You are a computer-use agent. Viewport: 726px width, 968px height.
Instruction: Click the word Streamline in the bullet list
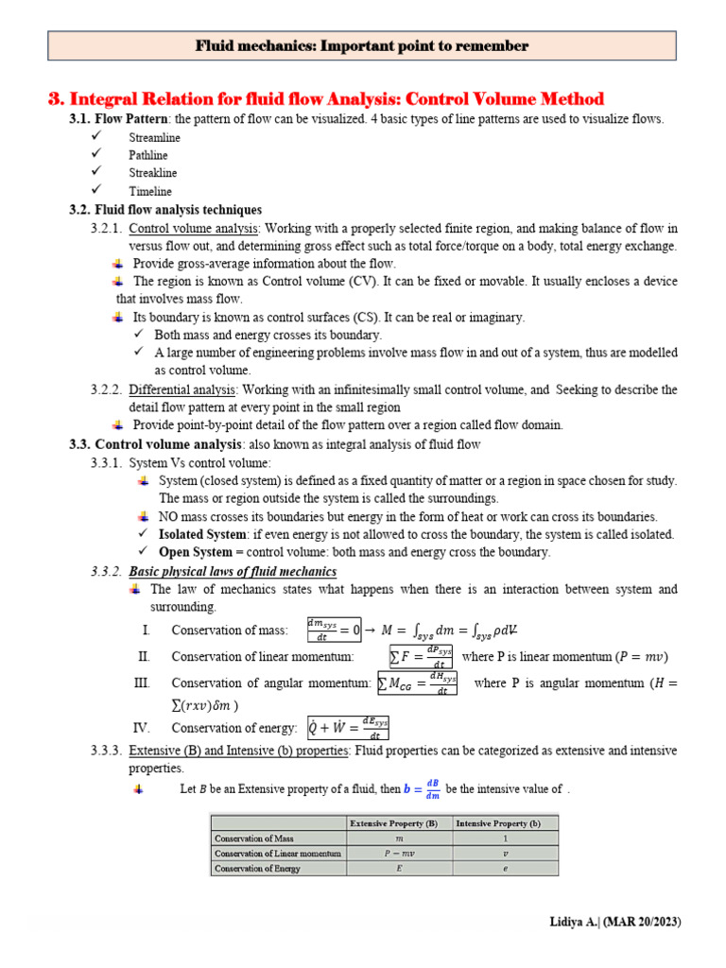[154, 137]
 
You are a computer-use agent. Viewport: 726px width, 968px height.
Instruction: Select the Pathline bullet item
[148, 155]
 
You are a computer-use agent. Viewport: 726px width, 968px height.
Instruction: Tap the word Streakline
[153, 173]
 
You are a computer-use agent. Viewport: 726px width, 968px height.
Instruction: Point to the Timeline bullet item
[150, 191]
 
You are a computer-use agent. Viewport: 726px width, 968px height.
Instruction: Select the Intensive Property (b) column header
[506, 822]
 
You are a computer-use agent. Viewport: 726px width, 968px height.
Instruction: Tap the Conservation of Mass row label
[253, 838]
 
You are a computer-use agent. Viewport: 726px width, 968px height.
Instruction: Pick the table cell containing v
[506, 853]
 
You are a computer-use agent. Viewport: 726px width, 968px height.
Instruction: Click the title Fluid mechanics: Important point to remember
[362, 45]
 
